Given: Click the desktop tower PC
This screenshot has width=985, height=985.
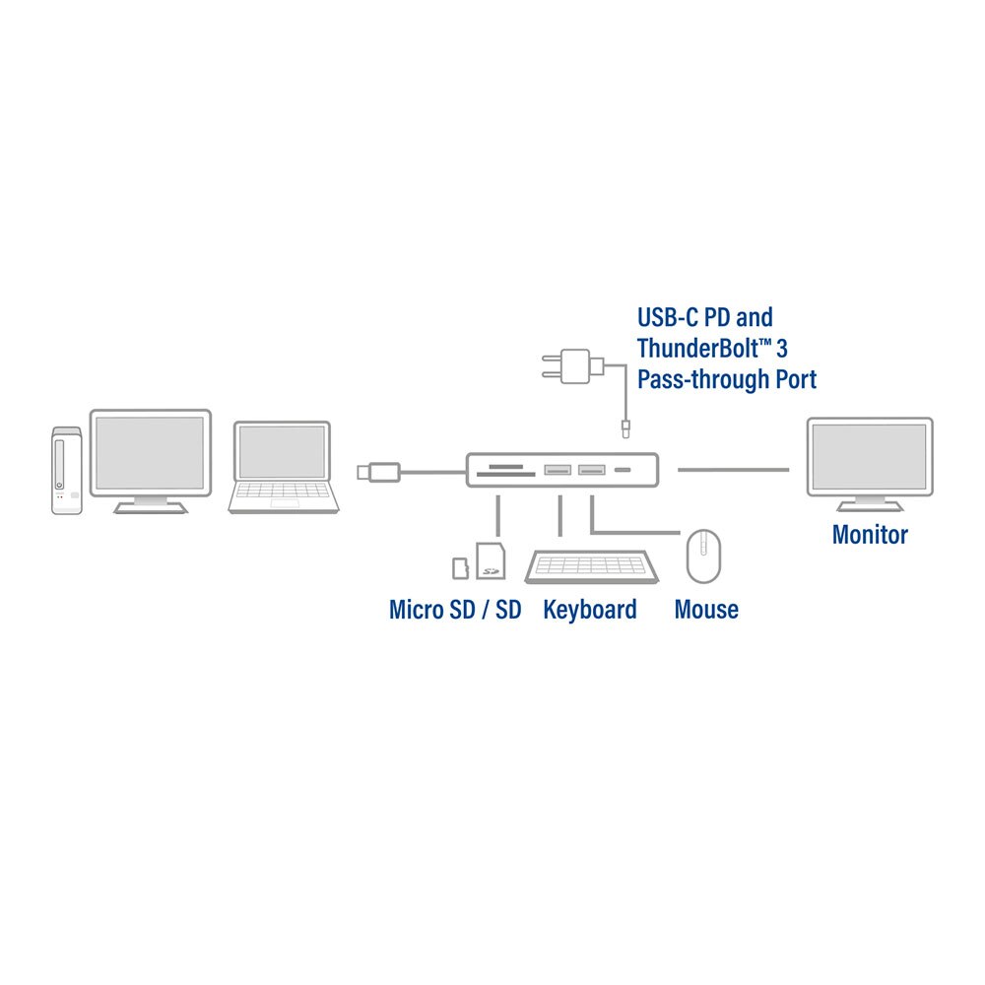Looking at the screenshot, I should pos(67,470).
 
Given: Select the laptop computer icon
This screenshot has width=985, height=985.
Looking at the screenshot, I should pos(283,467).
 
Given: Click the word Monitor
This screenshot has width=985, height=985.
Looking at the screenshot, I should pos(870,535).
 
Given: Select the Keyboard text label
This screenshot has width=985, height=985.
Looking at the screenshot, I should pos(589,610).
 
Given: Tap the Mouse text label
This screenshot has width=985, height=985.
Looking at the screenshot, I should pos(706,610).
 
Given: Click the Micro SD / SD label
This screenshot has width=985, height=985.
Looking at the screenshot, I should pos(454,610).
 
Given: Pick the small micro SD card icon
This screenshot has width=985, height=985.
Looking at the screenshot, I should pos(459,568).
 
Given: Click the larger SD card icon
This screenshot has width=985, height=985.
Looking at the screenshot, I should pos(490,561).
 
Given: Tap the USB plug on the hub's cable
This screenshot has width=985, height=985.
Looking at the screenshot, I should pos(378,472).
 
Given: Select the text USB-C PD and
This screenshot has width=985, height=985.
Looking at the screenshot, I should pos(704,317).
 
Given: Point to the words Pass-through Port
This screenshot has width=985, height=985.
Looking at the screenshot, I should pos(726,379).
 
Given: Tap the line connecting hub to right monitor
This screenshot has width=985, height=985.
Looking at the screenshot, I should pos(733,470).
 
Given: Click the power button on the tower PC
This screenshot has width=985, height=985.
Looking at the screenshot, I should pos(62,484).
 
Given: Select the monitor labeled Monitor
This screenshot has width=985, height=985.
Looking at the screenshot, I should pos(869,459).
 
